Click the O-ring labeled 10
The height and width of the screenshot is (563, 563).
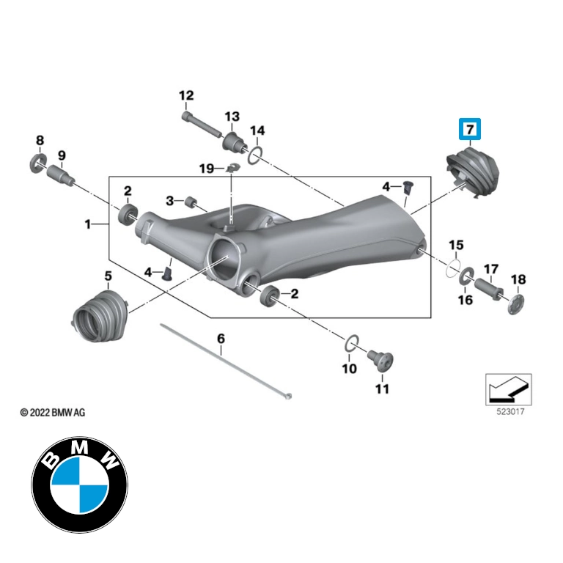click(352, 343)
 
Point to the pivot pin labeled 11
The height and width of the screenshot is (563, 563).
click(381, 360)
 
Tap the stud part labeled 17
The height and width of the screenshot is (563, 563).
click(490, 290)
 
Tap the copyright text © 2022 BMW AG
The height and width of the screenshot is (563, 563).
click(53, 413)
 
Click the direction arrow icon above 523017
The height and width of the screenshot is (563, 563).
click(508, 389)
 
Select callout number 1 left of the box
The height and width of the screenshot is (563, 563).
click(87, 224)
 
